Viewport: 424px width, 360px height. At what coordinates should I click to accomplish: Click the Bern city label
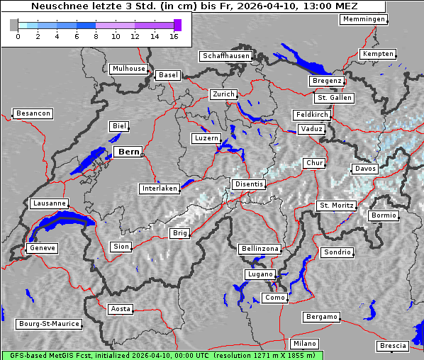128,152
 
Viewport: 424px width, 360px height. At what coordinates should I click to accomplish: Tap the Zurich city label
223,94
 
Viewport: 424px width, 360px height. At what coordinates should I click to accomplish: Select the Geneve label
41,248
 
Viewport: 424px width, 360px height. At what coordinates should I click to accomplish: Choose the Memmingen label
364,19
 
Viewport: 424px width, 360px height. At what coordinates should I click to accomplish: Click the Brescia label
393,346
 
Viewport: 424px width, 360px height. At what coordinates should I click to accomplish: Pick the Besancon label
33,113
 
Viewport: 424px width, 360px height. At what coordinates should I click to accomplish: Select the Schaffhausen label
226,55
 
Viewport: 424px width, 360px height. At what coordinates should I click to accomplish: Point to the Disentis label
249,184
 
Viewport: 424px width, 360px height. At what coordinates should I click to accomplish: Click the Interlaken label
160,189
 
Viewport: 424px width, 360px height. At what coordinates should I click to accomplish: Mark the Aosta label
120,309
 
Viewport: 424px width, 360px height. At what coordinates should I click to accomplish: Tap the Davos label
365,169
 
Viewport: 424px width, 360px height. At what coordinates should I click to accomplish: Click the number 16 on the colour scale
174,36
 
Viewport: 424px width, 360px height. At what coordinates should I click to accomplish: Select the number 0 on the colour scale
18,36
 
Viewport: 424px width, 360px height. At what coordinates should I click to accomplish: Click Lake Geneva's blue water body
60,225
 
